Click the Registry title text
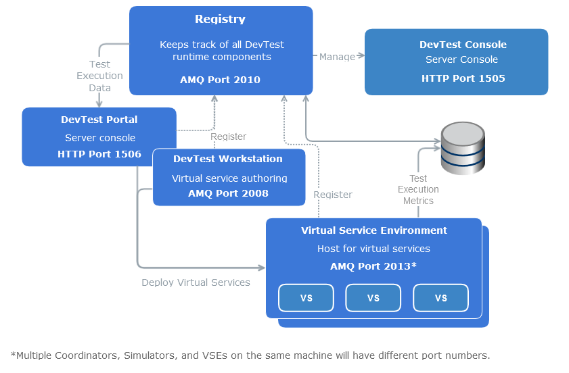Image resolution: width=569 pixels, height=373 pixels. pyautogui.click(x=220, y=20)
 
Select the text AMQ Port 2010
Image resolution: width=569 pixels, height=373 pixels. pyautogui.click(x=220, y=80)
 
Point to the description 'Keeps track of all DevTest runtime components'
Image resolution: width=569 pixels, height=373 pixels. pyautogui.click(x=221, y=51)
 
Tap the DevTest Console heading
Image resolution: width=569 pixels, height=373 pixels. pyautogui.click(x=463, y=45)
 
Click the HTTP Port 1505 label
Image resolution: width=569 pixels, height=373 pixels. pyautogui.click(x=463, y=78)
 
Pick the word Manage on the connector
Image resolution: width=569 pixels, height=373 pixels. pyautogui.click(x=337, y=57)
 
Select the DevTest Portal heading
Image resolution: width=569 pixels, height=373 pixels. pyautogui.click(x=99, y=120)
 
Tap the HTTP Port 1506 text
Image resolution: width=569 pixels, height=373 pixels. pyautogui.click(x=99, y=154)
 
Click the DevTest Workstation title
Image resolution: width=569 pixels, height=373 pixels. pyautogui.click(x=228, y=159)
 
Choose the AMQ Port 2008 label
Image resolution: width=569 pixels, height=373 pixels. pyautogui.click(x=228, y=193)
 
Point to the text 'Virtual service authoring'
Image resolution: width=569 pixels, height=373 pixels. pyautogui.click(x=229, y=178)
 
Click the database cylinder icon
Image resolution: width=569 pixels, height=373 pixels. pyautogui.click(x=463, y=148)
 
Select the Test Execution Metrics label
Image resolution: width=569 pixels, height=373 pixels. pyautogui.click(x=418, y=189)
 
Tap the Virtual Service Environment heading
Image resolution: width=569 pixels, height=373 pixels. pyautogui.click(x=373, y=230)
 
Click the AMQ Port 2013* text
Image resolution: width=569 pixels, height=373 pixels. pyautogui.click(x=373, y=266)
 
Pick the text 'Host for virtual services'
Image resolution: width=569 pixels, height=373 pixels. pyautogui.click(x=373, y=249)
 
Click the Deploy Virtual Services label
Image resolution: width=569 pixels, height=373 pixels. pyautogui.click(x=196, y=282)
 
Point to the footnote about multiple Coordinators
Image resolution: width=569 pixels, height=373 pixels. pyautogui.click(x=250, y=355)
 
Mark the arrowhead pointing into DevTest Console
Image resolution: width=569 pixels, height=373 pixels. pyautogui.click(x=361, y=57)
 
